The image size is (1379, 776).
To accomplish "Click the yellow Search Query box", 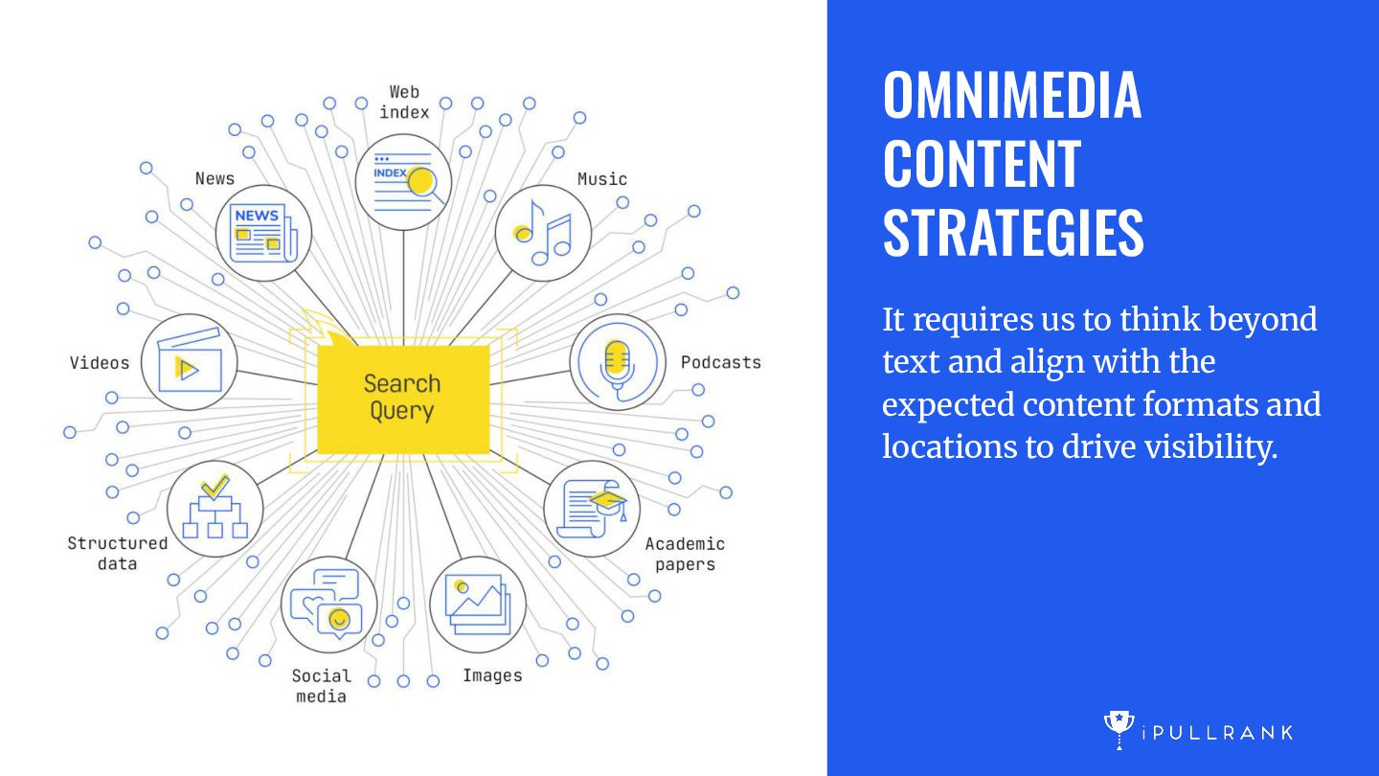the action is click(403, 399).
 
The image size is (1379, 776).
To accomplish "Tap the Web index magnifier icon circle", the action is click(403, 182).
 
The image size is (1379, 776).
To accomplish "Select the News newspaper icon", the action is click(263, 233).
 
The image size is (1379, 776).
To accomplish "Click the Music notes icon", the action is click(544, 233).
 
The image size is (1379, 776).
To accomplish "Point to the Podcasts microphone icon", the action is click(618, 362).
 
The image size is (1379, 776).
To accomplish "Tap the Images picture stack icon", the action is click(478, 605).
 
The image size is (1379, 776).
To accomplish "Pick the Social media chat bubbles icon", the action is click(328, 605).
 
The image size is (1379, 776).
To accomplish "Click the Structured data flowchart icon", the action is click(215, 509).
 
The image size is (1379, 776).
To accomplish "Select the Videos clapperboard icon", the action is click(189, 362).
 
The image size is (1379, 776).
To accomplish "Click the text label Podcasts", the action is click(721, 362).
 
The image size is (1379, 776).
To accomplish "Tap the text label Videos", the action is click(100, 363).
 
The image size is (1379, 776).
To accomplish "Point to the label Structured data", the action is click(118, 553).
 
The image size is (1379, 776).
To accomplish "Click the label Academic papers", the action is click(686, 554).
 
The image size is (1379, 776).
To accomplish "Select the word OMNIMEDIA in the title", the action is click(1012, 95).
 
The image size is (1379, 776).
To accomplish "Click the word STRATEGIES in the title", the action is click(1013, 233).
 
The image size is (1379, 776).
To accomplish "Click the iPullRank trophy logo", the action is click(1119, 730).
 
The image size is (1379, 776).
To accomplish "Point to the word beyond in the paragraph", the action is click(1262, 320).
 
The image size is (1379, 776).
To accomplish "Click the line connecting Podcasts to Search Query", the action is click(531, 377).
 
